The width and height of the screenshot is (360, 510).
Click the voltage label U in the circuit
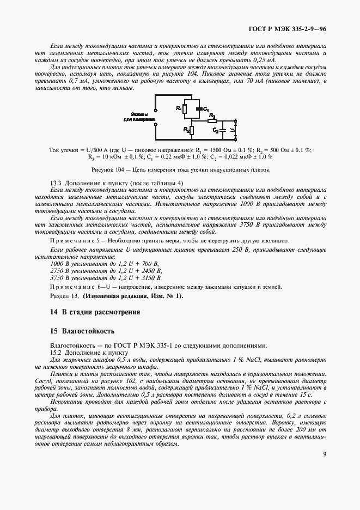[234, 131]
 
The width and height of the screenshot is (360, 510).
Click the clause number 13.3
[56, 183]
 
